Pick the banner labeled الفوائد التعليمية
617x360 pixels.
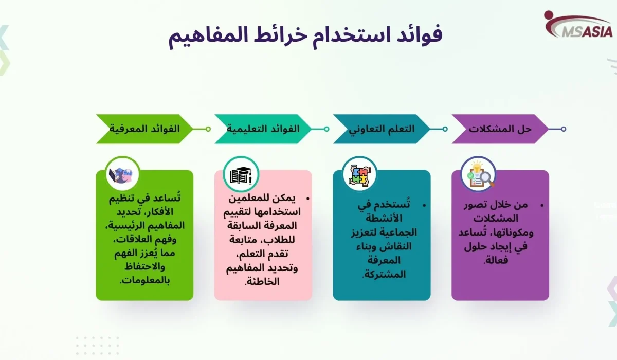coord(263,129)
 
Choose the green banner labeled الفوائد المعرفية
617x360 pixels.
coord(144,129)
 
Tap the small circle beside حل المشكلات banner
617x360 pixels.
coord(564,129)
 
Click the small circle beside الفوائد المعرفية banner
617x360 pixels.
coord(208,129)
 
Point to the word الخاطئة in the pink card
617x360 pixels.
coord(263,281)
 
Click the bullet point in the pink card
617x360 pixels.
coord(307,198)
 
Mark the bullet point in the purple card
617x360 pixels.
coord(541,205)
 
